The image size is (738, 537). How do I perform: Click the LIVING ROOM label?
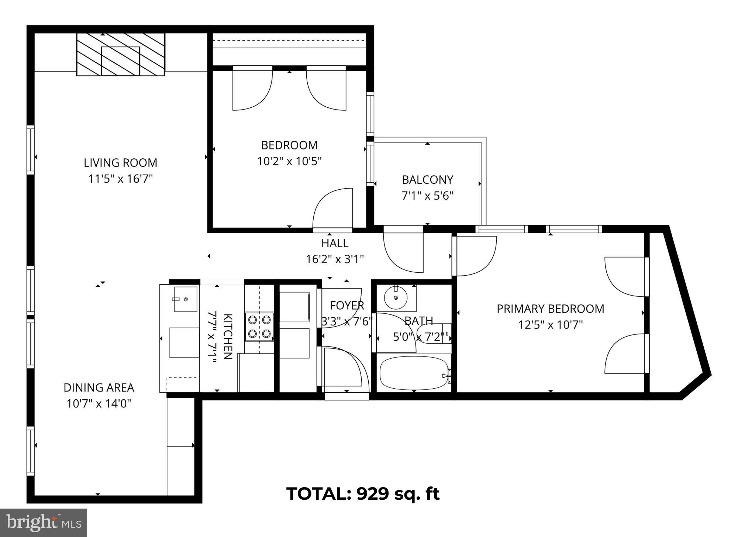(x=120, y=163)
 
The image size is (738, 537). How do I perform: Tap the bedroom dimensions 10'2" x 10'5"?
(x=289, y=161)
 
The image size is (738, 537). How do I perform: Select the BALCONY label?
(x=427, y=180)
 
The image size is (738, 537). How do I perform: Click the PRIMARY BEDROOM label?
(x=550, y=309)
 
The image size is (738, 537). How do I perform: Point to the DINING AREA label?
(x=99, y=388)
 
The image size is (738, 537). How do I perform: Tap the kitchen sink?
(x=185, y=299)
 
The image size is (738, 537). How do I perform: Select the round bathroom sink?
(x=396, y=297)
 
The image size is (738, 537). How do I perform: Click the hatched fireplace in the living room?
(x=120, y=54)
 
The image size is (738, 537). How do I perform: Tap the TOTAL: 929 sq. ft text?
(x=363, y=493)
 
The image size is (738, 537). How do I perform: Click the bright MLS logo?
(x=44, y=523)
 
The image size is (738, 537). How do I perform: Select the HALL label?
(x=335, y=243)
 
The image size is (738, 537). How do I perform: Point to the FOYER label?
(x=347, y=306)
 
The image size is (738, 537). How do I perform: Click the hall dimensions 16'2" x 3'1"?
(x=335, y=259)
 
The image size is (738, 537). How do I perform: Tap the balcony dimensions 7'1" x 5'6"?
(x=427, y=196)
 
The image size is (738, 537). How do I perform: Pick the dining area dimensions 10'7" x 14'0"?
(x=99, y=403)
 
